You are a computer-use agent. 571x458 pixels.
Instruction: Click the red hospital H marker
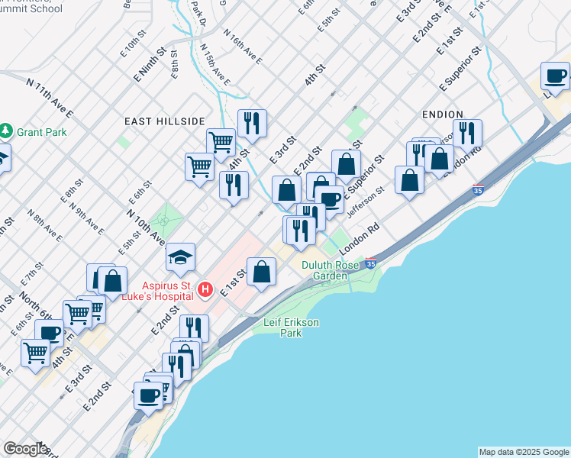205,289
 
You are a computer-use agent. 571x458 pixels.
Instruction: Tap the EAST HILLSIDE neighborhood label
166,121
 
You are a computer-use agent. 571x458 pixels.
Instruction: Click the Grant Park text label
43,132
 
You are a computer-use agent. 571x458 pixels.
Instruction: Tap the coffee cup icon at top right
555,76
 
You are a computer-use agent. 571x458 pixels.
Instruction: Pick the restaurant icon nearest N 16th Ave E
251,123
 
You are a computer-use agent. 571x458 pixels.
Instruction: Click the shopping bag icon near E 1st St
261,272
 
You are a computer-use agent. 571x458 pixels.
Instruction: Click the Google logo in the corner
24,449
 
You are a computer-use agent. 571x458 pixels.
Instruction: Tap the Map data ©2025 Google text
524,452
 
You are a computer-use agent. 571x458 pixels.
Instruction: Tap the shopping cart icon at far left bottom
35,353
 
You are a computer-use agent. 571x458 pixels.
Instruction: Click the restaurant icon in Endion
467,133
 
